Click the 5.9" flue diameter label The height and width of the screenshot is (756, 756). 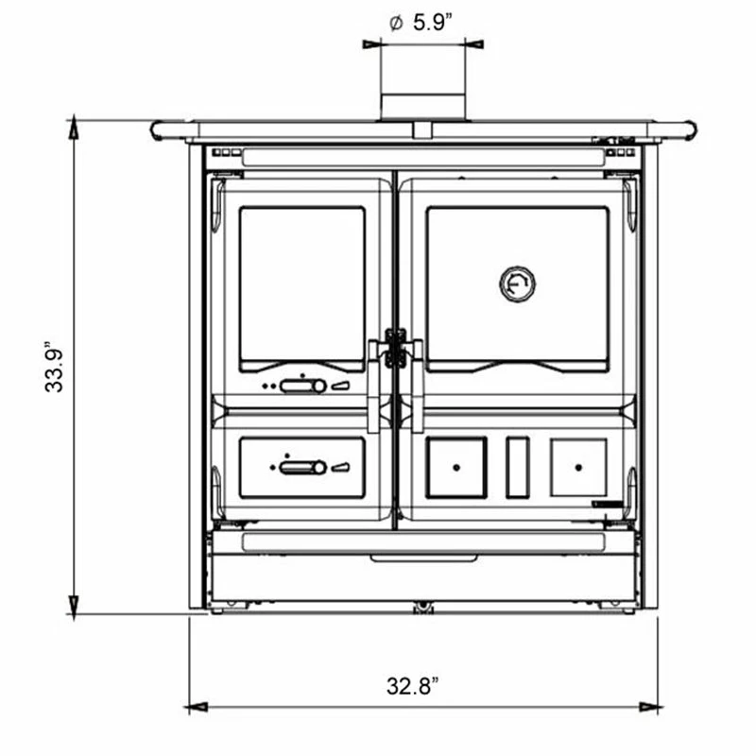point(421,23)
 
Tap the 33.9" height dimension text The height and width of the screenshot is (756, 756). point(54,368)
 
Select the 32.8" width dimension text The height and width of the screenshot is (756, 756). point(413,686)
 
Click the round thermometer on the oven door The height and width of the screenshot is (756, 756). point(517,284)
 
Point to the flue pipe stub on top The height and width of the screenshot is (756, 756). point(422,107)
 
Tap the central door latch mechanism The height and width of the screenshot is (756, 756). point(395,348)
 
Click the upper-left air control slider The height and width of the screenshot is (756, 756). point(303,386)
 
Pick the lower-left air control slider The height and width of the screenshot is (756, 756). point(302,467)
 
